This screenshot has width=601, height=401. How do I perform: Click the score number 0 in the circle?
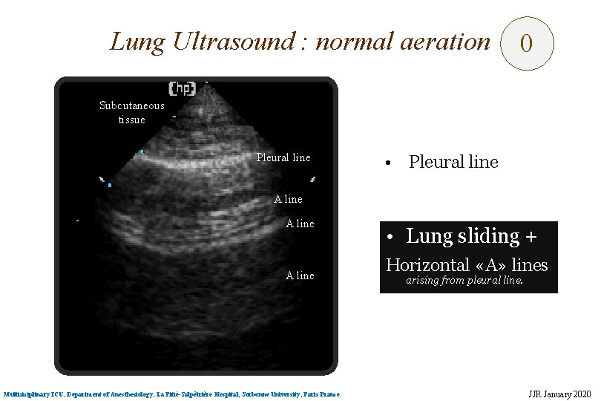pos(526,44)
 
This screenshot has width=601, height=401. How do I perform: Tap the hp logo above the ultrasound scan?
pos(182,88)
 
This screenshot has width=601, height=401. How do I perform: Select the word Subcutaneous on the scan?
pos(132,105)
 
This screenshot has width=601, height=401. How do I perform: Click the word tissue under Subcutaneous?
pos(132,120)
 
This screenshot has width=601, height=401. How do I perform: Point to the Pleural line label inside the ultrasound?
pos(283,157)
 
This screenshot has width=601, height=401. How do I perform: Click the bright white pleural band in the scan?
pos(193,158)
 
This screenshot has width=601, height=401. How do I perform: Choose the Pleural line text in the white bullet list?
pos(453,162)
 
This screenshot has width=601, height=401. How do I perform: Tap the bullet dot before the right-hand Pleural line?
pos(387,163)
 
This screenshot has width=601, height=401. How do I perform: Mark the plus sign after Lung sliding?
pos(531,237)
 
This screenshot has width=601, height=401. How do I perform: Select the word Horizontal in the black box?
pos(428,265)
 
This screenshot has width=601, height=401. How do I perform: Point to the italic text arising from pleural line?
pos(464,281)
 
